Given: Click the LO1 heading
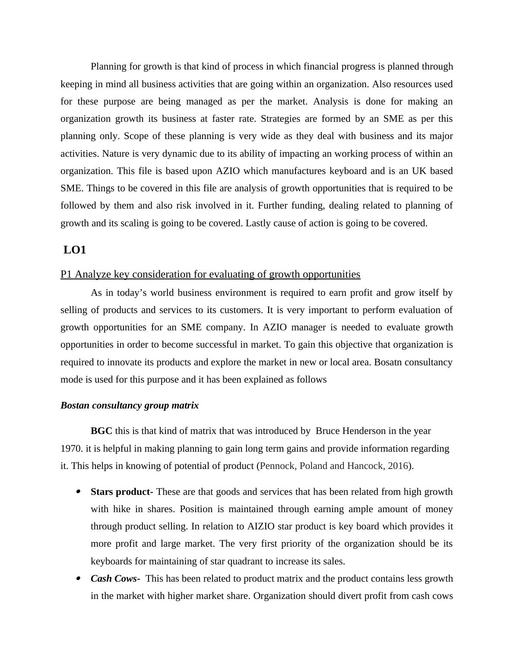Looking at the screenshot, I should pyautogui.click(x=75, y=250).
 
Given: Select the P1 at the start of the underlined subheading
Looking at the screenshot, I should pyautogui.click(x=66, y=275).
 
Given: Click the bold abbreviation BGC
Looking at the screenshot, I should pyautogui.click(x=102, y=431).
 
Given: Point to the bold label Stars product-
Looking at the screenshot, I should pyautogui.click(x=122, y=492).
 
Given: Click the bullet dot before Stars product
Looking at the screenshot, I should pyautogui.click(x=78, y=492).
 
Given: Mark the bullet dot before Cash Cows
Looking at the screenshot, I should pyautogui.click(x=78, y=579).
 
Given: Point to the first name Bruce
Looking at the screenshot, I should pyautogui.click(x=328, y=431).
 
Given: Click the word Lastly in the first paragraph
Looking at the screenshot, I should pyautogui.click(x=258, y=223).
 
